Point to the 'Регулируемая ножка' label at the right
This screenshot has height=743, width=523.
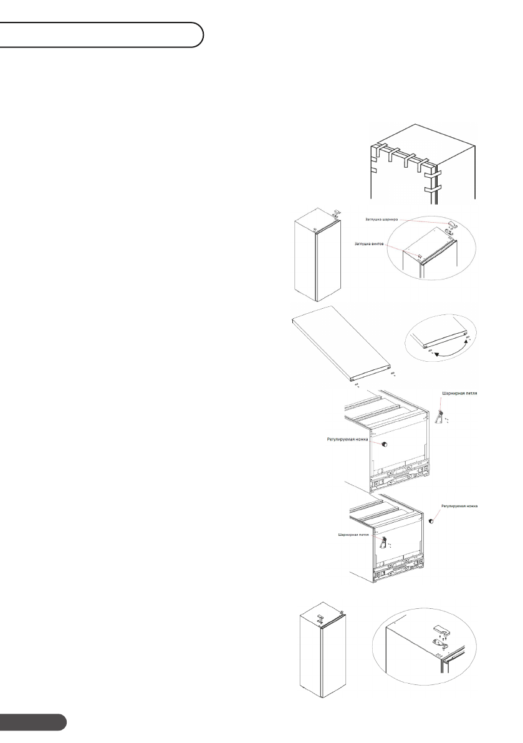click(x=459, y=505)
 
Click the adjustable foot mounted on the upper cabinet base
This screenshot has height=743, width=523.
click(x=385, y=444)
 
